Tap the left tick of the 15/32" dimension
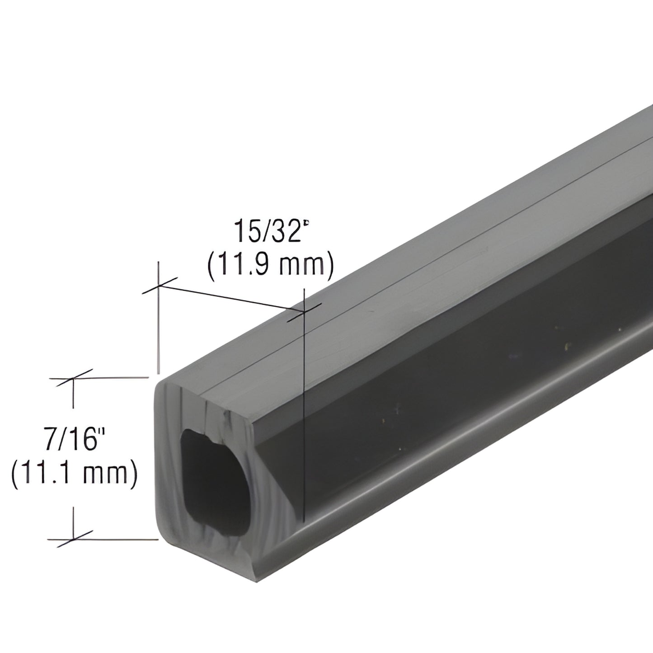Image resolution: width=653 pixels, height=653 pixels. [x=158, y=286]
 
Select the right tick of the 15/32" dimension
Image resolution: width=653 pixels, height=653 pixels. [x=305, y=311]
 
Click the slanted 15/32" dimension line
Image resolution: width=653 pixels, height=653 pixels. [x=230, y=299]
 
